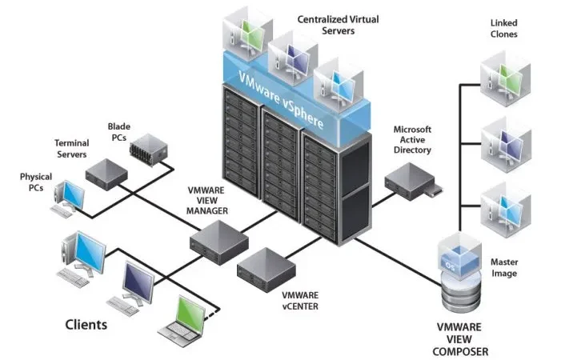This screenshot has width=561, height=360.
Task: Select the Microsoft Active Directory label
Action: (412, 139)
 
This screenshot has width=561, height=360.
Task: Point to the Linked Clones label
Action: (503, 29)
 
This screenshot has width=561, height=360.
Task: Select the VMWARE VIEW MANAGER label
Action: (208, 201)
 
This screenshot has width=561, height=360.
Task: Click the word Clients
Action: (86, 326)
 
